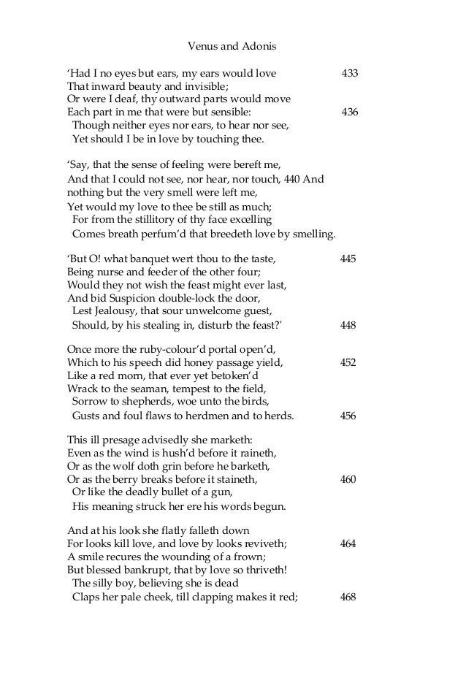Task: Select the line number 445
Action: click(348, 258)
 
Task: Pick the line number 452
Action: click(348, 362)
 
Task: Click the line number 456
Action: click(348, 416)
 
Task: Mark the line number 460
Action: click(348, 480)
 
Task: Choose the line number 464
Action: click(348, 544)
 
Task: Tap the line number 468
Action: click(348, 597)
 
